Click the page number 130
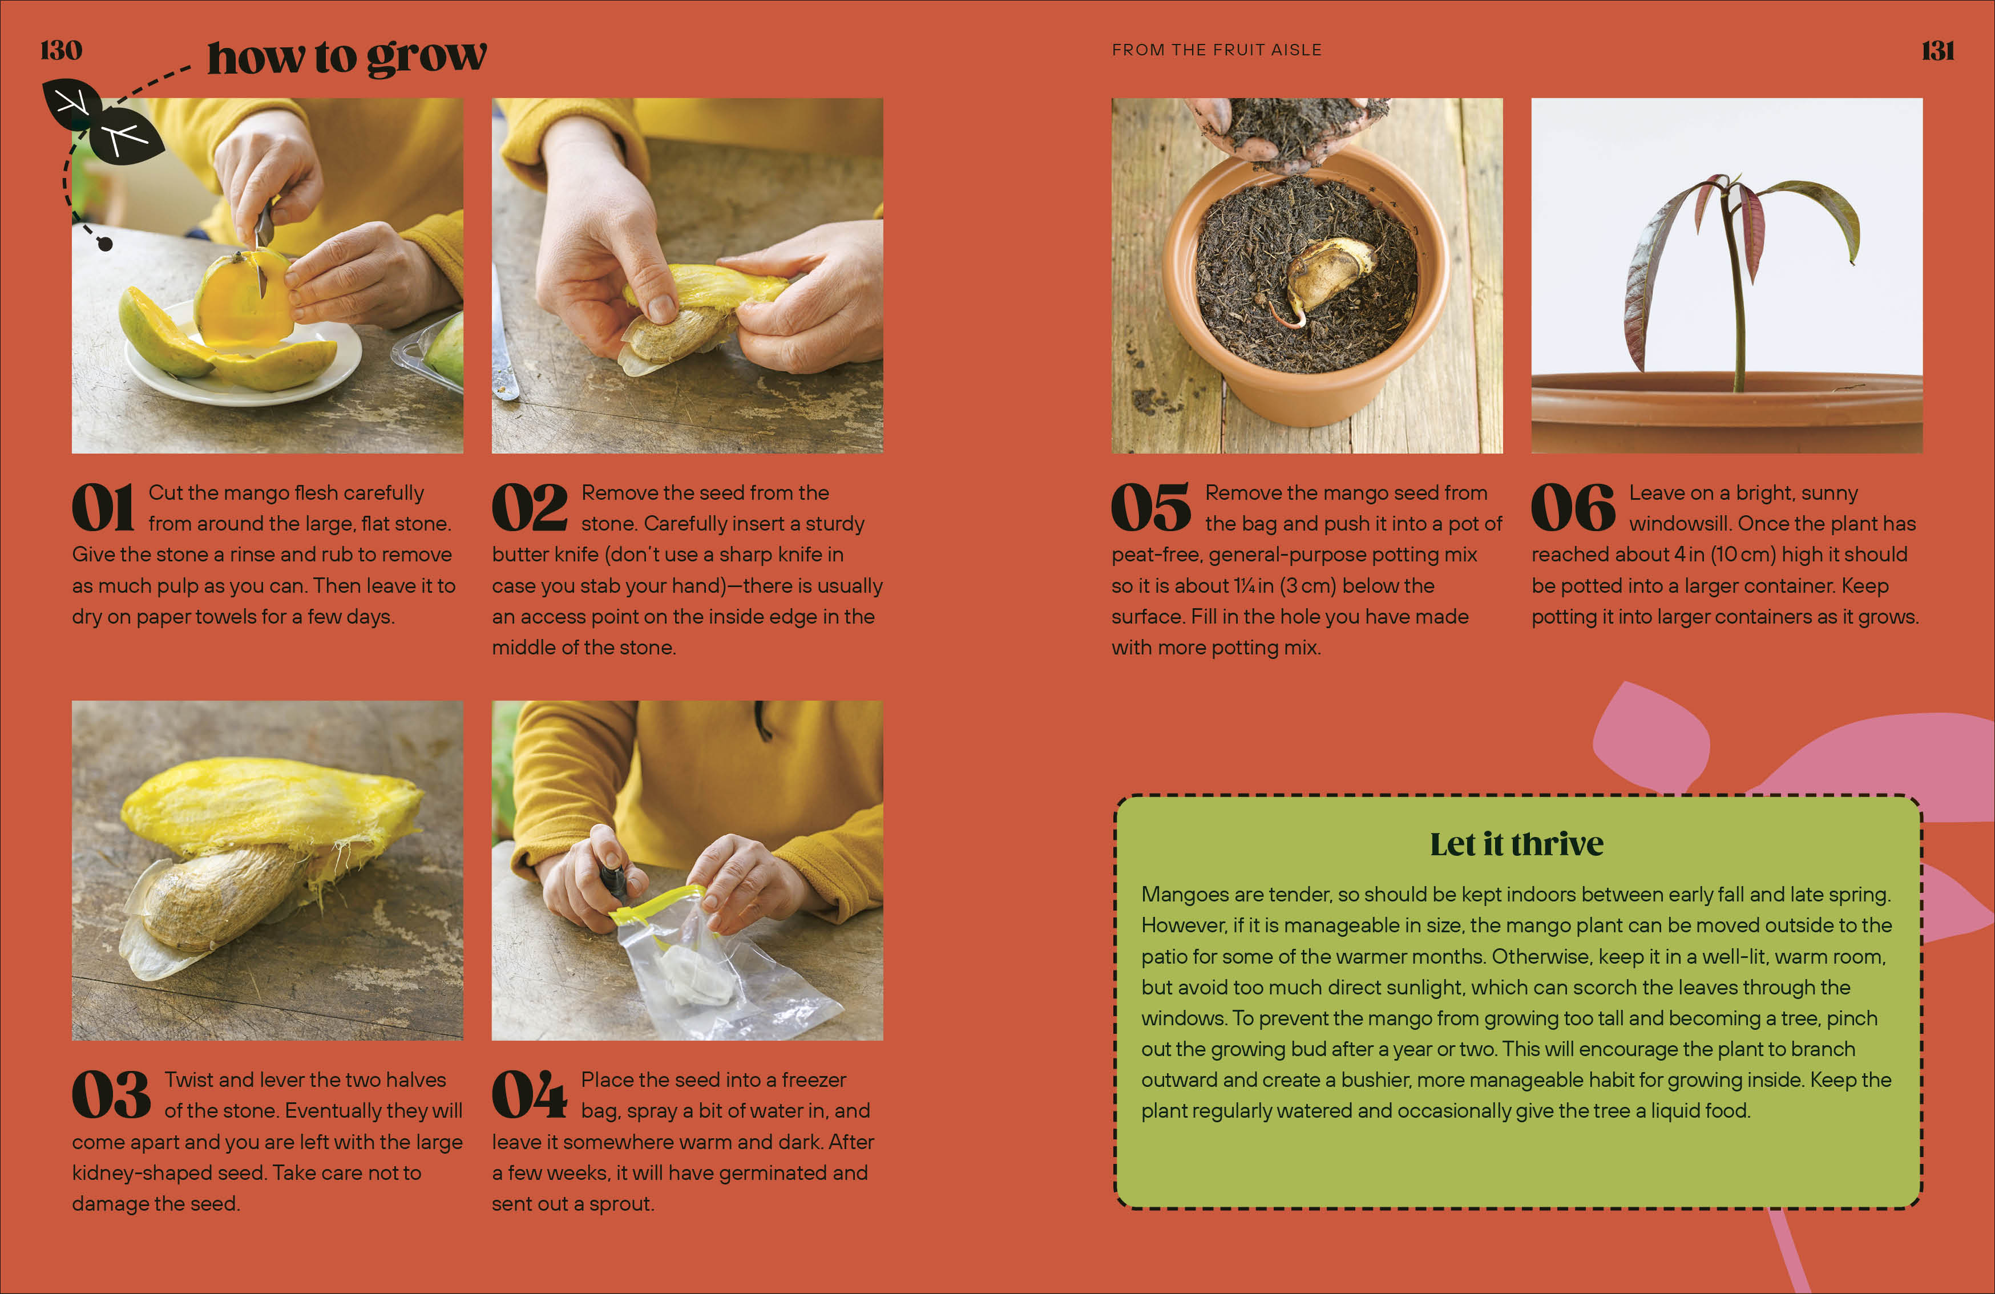point(61,50)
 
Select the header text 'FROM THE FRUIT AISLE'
point(1216,50)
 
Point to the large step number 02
point(529,508)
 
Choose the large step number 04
point(529,1094)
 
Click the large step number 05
point(1150,508)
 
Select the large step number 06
point(1573,508)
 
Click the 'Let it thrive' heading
point(1516,844)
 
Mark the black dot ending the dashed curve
point(106,244)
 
